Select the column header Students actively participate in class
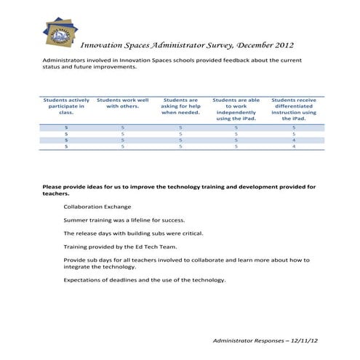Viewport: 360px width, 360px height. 66,106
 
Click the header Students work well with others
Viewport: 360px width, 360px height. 122,103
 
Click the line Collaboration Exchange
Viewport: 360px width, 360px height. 97,207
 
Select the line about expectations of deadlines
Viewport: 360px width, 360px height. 144,280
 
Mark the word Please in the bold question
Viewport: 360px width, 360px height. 52,187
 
